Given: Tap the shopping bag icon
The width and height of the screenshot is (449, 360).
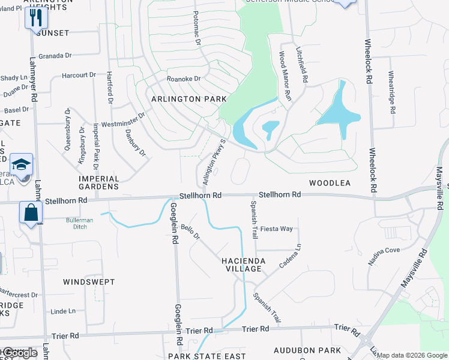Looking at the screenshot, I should pos(31,212).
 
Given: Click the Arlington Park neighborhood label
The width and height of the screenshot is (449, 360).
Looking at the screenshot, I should pos(189,98).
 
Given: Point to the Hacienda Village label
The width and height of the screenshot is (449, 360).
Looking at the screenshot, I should pos(241,265).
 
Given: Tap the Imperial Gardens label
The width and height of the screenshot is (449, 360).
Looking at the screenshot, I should pos(99,182).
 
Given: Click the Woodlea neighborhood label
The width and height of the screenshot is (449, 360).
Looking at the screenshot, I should pos(329,182).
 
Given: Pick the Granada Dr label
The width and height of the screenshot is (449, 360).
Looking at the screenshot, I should pos(55,55).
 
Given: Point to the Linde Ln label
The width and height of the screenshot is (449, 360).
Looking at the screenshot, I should pos(63,311).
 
